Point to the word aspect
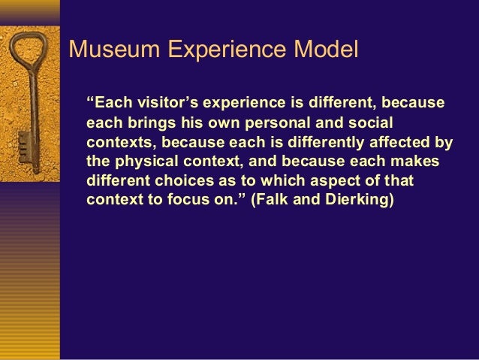point(339,182)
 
